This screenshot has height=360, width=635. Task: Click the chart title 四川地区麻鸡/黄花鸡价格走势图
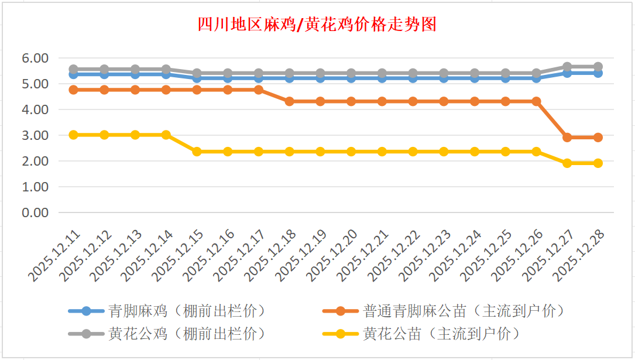[x=317, y=25]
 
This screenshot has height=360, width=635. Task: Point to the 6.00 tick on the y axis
[x=35, y=58]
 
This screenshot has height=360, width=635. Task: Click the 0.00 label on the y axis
[x=35, y=212]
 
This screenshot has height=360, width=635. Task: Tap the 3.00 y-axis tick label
[x=35, y=135]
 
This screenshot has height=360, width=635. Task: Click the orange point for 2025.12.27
[x=567, y=138]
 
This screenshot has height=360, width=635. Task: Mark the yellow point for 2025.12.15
[x=197, y=152]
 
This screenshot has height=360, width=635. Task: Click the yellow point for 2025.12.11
[x=73, y=135]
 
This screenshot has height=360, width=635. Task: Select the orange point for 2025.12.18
[x=289, y=101]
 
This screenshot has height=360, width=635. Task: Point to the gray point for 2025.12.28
[x=598, y=67]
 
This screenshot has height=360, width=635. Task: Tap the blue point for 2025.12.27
[x=567, y=73]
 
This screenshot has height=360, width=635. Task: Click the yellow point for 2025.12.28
[x=598, y=163]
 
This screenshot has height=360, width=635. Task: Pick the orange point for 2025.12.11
[x=73, y=90]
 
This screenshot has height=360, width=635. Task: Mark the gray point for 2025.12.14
[x=166, y=69]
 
